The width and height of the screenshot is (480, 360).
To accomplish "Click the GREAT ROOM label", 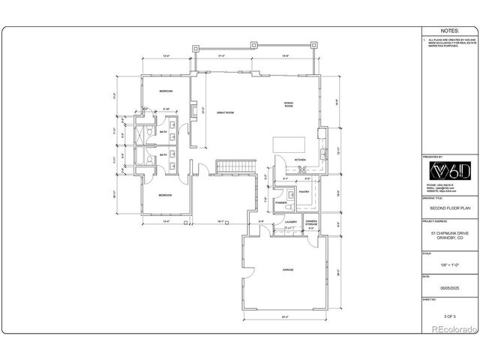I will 226,112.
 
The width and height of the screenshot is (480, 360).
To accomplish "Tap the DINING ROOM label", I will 289,104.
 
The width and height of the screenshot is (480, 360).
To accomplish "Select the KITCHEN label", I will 300,160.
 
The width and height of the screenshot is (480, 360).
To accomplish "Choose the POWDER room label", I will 282,203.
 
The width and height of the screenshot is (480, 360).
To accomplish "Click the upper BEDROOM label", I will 166,91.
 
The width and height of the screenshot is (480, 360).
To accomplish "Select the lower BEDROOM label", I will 166,196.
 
